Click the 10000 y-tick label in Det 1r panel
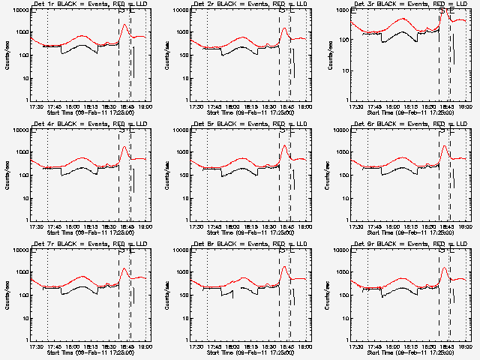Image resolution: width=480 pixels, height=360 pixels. click(x=19, y=10)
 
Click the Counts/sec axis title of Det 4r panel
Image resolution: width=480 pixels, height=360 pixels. click(x=7, y=174)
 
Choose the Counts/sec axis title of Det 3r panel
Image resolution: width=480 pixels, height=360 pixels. click(x=327, y=54)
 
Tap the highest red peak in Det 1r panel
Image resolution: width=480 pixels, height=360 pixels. click(x=124, y=25)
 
